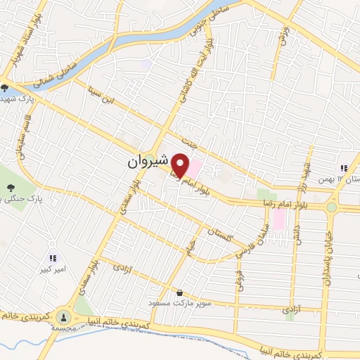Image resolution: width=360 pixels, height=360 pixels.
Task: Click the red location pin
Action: (x=181, y=165)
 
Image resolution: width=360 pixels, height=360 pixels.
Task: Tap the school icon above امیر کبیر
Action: (x=53, y=259)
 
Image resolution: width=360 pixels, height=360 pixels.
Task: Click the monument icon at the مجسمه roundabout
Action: (x=64, y=317)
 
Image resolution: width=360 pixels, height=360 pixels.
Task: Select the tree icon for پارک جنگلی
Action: (x=12, y=187)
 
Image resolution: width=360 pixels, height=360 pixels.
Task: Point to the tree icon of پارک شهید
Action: (x=5, y=88)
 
